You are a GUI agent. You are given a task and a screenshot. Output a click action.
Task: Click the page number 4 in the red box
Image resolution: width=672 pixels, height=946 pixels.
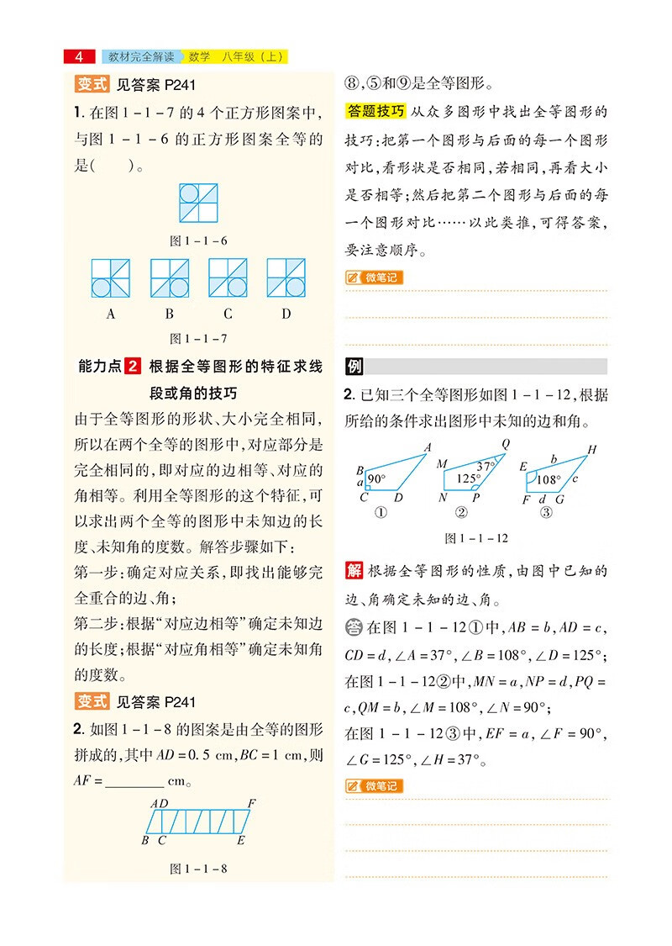pos(79,57)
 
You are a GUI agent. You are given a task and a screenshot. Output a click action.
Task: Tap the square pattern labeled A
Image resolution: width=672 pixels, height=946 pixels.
pos(111,278)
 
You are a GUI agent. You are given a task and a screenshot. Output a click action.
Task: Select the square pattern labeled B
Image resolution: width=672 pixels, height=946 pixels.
pos(169,278)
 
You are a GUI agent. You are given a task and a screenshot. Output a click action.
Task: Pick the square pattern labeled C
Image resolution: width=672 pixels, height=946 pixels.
pos(228,278)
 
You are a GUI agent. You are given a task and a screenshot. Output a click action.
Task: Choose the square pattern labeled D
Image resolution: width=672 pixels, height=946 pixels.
pos(286,278)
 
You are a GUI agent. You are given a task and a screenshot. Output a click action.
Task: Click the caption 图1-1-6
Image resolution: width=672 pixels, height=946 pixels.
pos(198,240)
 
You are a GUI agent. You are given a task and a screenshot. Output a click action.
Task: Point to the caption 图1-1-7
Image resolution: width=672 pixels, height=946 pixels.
pos(198,339)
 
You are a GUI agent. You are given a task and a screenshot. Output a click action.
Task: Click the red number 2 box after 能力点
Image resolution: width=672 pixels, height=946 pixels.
pos(133,367)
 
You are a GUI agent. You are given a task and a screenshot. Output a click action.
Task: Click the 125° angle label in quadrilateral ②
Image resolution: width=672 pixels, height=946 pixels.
pos(468,478)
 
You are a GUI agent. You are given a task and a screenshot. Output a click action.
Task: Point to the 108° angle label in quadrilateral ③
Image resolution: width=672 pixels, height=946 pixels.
pos(548,480)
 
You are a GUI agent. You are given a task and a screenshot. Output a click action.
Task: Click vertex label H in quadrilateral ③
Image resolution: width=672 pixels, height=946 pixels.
pos(591,450)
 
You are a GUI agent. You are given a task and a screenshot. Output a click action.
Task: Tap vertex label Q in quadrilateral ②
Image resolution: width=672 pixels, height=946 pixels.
pos(506,444)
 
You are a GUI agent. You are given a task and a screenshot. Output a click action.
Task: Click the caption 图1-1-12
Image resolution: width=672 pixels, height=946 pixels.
pos(475,538)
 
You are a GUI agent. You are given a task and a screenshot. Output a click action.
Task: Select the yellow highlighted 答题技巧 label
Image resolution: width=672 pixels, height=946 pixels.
pos(375,111)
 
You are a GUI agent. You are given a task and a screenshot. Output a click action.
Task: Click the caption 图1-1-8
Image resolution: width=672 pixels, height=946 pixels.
pos(198,868)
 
